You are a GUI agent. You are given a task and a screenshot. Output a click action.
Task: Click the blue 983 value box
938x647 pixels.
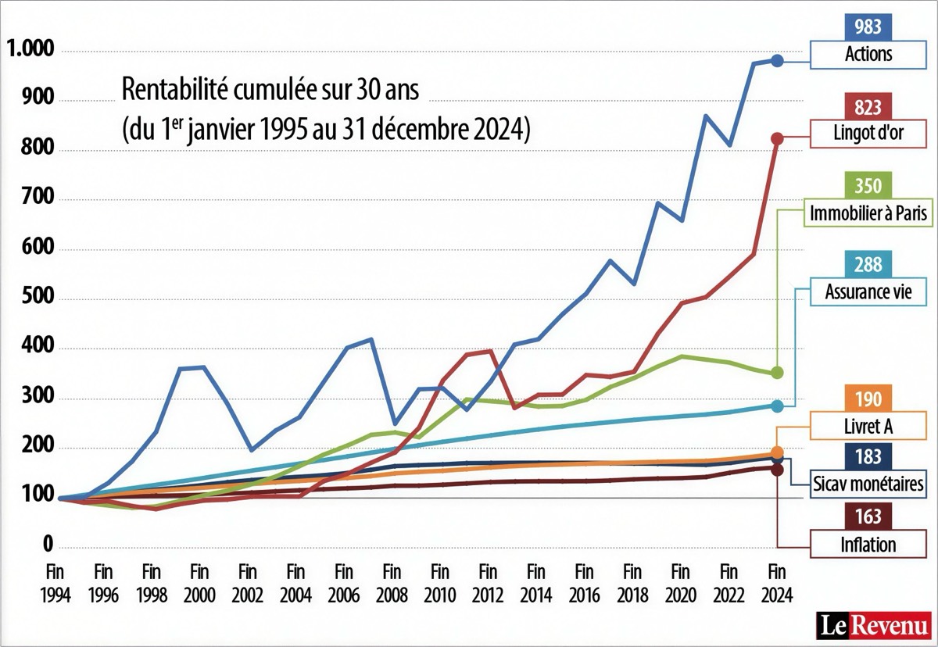coord(868,27)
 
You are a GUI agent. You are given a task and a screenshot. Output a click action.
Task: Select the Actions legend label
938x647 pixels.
coord(868,54)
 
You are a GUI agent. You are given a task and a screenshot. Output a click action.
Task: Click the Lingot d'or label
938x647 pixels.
coord(868,134)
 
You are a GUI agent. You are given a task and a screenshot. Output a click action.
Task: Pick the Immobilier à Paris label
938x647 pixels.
coord(868,213)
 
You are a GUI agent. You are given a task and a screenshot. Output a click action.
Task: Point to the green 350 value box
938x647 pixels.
coord(868,187)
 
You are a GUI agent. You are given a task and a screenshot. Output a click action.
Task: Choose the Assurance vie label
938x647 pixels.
coord(868,293)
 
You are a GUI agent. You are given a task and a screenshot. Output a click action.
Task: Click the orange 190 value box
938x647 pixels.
coord(868,400)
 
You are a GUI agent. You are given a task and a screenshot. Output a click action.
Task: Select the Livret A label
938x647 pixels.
coord(868,427)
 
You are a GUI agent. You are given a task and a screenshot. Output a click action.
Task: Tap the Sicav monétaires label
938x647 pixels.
coord(868,484)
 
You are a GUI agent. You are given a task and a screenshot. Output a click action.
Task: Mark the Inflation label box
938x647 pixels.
coord(868,544)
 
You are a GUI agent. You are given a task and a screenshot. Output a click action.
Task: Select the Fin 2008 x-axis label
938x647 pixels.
coord(392,582)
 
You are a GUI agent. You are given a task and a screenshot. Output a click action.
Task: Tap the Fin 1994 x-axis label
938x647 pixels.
coord(56,582)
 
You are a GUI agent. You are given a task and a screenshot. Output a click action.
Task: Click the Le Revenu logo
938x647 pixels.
coord(873,625)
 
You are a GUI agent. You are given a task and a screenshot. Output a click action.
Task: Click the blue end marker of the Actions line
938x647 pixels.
coord(777,60)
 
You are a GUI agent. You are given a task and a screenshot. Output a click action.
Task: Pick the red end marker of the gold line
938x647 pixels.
coord(777,138)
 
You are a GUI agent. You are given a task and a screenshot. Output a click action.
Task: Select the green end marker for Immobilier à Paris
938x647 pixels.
coord(777,373)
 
